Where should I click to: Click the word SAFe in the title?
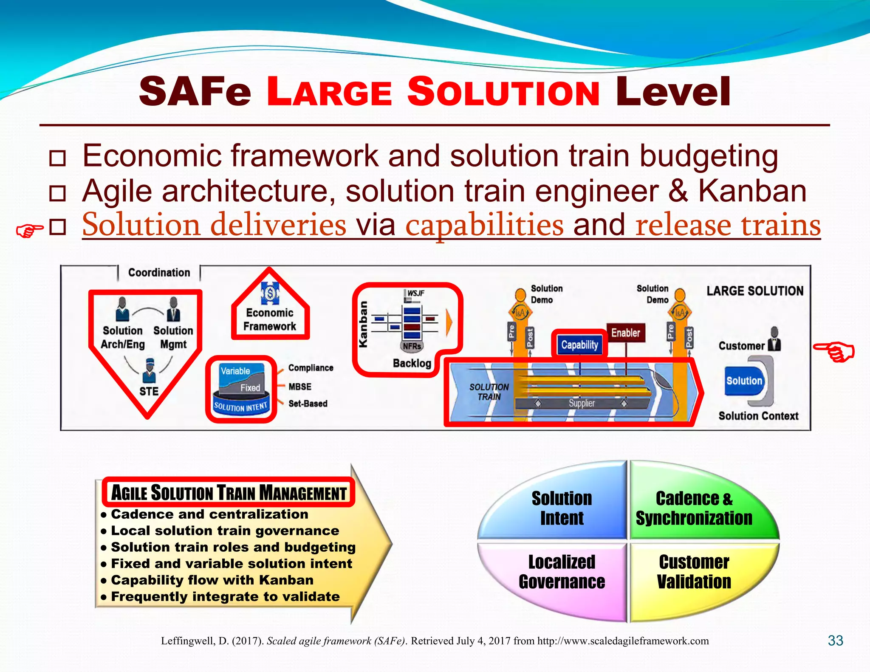(x=195, y=92)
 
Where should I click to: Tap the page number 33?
(x=835, y=641)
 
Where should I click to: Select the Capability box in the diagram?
(x=579, y=344)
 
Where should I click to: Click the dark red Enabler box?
(x=625, y=333)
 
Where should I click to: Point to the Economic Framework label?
(x=270, y=319)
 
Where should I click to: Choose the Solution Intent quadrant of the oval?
(x=562, y=508)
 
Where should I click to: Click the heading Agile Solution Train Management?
(x=229, y=493)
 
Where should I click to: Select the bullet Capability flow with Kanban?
(x=212, y=580)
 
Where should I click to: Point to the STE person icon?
(x=149, y=370)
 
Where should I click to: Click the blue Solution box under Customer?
(x=744, y=381)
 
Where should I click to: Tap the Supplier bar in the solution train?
(x=582, y=403)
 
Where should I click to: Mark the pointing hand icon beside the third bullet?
(x=29, y=231)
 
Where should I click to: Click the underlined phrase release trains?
(x=728, y=225)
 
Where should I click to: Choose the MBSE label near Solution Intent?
(x=300, y=387)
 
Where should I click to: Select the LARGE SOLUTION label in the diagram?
(x=755, y=291)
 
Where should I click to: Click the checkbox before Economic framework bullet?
(x=57, y=158)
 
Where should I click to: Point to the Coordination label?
(x=159, y=273)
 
